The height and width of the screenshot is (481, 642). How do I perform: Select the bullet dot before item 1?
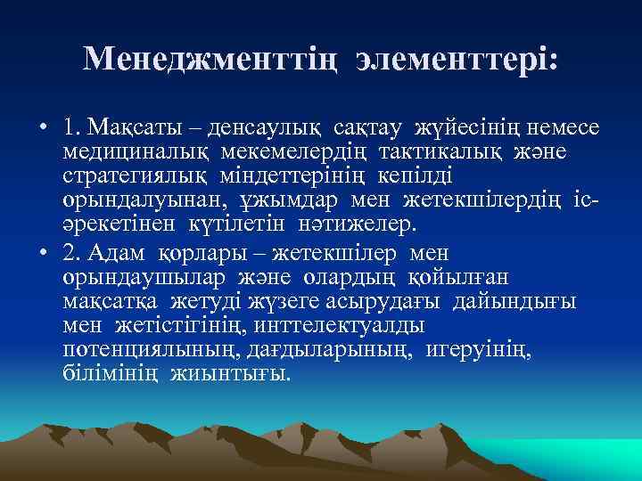[43, 129]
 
